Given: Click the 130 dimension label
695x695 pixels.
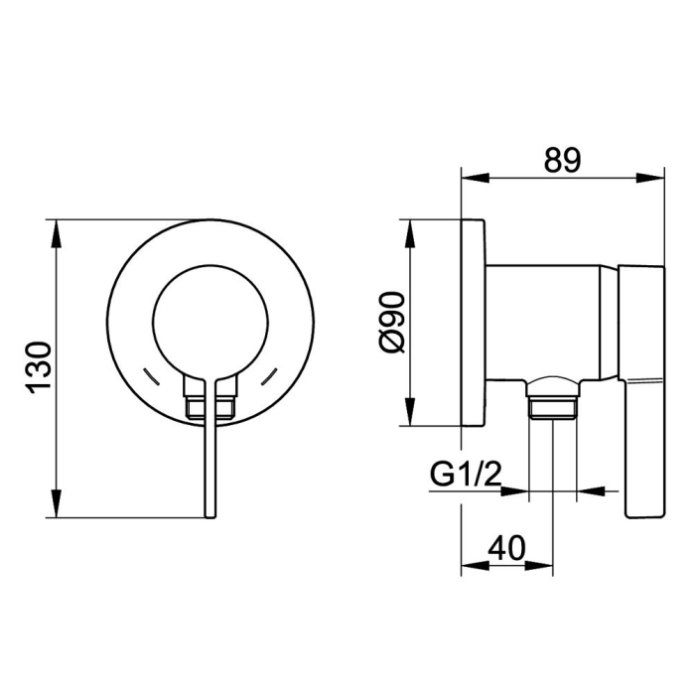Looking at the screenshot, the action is tap(40, 368).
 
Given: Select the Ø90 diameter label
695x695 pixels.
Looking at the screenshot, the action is tap(393, 322).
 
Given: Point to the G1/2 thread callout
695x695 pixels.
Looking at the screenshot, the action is tap(466, 475).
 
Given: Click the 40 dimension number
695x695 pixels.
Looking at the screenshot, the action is tap(506, 548).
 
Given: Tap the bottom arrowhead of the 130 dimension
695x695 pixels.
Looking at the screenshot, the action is tap(57, 502).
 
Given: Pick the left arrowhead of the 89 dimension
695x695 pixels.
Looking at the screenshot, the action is tap(476, 178).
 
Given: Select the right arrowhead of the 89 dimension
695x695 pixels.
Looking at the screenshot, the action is tap(650, 178).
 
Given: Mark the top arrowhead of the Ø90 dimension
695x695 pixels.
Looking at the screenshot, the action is tap(410, 233).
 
